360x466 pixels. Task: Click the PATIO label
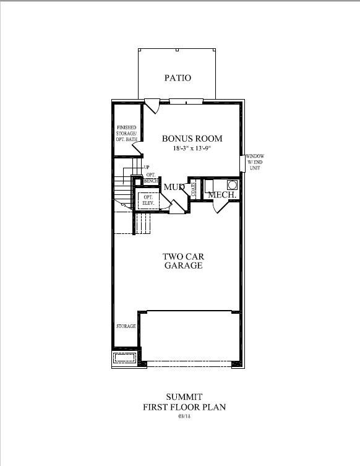click(x=178, y=78)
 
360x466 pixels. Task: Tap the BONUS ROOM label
click(x=192, y=139)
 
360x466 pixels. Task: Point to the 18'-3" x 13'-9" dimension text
click(x=192, y=149)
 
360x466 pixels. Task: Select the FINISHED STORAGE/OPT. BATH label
click(x=127, y=134)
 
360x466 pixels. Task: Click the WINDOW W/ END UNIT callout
click(x=254, y=162)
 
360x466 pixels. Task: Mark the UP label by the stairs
click(x=147, y=167)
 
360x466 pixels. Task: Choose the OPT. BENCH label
click(x=151, y=178)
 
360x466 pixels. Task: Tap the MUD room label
click(x=174, y=188)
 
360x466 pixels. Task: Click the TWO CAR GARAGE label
click(x=183, y=261)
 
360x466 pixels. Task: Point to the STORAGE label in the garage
click(x=126, y=326)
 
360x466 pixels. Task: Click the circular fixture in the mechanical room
click(x=231, y=184)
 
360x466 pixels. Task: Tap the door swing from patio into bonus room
click(x=151, y=106)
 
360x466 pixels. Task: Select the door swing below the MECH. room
click(x=221, y=207)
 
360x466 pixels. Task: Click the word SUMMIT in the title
click(x=184, y=397)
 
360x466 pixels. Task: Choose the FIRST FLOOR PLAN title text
click(x=184, y=407)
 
